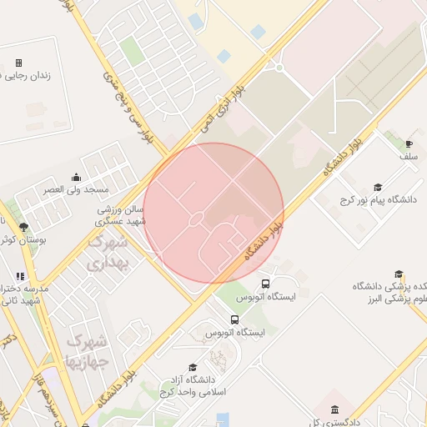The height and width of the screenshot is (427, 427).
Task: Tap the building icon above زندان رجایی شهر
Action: [x=19, y=63]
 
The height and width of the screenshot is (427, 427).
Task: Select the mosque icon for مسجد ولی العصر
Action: [x=77, y=176]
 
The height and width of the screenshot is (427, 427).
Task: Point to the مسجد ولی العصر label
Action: [x=78, y=189]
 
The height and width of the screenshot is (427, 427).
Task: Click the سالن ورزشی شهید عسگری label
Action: [x=121, y=216]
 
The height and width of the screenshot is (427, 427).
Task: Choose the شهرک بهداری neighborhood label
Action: [x=108, y=253]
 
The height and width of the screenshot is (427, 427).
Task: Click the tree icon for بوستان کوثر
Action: [x=23, y=227]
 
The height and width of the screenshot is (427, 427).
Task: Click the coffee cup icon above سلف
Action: [x=409, y=143]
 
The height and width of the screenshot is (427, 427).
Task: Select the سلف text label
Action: [x=408, y=156]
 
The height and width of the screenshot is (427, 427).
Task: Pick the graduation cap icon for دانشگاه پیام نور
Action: [x=378, y=187]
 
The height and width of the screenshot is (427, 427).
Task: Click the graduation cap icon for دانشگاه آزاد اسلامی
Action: [x=193, y=367]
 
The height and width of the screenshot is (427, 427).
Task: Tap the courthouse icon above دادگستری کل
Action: [x=334, y=409]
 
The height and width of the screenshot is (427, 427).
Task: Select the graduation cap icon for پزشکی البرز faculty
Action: [x=399, y=274]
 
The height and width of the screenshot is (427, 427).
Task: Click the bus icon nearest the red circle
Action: [x=266, y=284]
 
